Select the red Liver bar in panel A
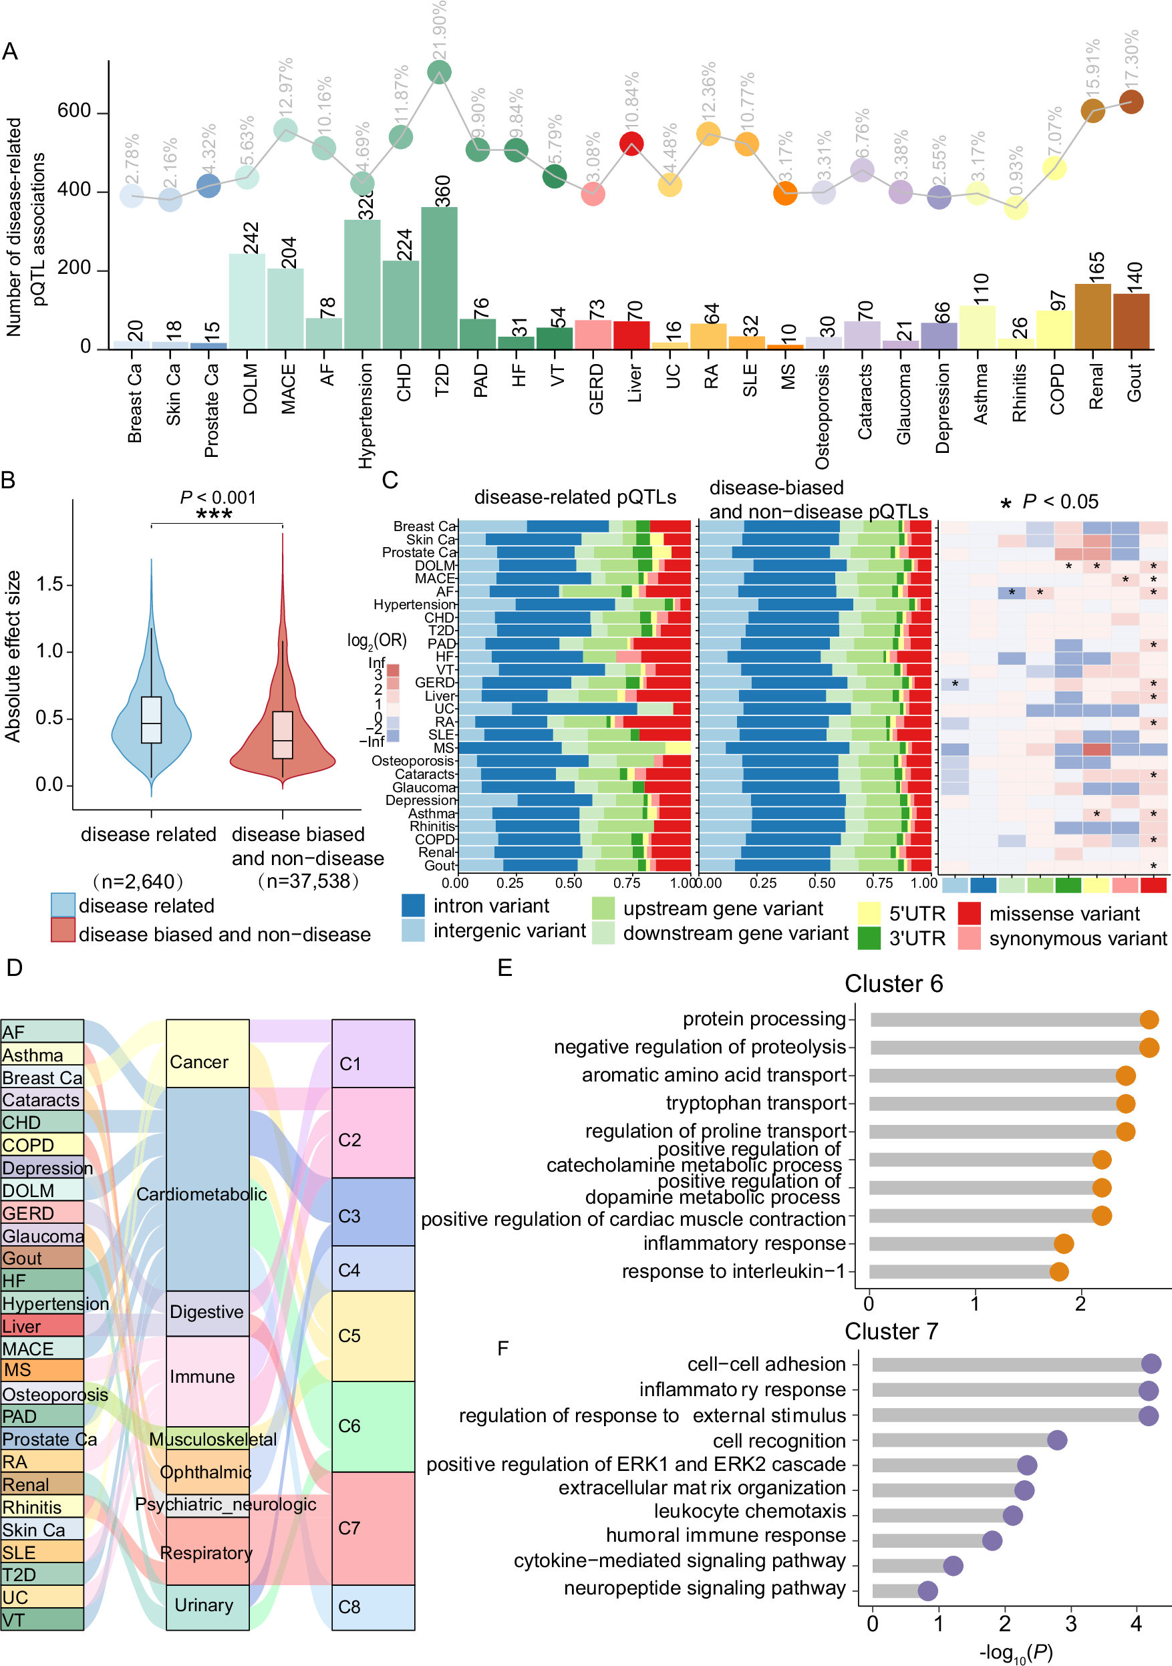(631, 335)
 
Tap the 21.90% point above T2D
(439, 72)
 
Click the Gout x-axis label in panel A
(1133, 383)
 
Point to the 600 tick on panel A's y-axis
(74, 111)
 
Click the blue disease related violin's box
(151, 720)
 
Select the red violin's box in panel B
(282, 734)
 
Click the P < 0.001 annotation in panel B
(218, 498)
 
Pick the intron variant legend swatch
(413, 905)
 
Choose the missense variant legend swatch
(969, 912)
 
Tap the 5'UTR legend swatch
(869, 912)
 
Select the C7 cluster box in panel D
(373, 1528)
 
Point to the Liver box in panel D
(42, 1326)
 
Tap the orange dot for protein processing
(1149, 1019)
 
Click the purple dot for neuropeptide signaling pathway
(927, 1591)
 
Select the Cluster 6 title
(893, 984)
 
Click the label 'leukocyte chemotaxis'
(750, 1511)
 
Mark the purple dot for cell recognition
(1056, 1440)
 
